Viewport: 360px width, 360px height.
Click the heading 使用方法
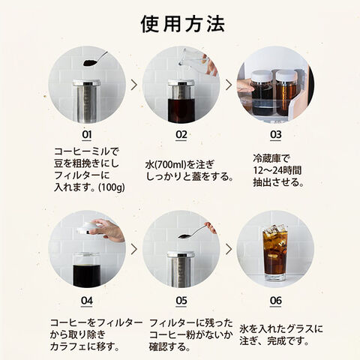point(183,24)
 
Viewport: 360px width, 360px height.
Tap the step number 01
point(87,135)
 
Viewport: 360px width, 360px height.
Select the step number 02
point(181,135)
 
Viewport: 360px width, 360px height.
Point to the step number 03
point(276,135)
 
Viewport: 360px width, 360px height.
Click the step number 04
point(87,301)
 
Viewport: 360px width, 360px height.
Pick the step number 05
point(181,301)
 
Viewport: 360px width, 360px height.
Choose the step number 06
point(276,301)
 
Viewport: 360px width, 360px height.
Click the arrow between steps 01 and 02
point(134,85)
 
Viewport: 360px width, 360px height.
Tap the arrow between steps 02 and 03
point(229,85)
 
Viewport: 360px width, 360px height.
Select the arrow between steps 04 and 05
point(134,249)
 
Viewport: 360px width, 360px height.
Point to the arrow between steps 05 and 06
point(229,249)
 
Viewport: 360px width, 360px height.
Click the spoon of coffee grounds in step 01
point(95,59)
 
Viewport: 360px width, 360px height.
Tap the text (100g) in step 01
point(112,187)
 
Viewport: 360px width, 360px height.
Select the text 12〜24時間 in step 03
point(277,170)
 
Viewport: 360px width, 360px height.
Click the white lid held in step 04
point(87,228)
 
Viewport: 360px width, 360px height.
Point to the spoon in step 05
point(193,232)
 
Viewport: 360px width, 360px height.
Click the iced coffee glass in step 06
point(275,253)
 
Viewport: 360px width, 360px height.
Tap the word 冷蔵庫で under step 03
point(271,159)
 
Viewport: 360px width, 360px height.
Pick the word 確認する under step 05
point(168,346)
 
